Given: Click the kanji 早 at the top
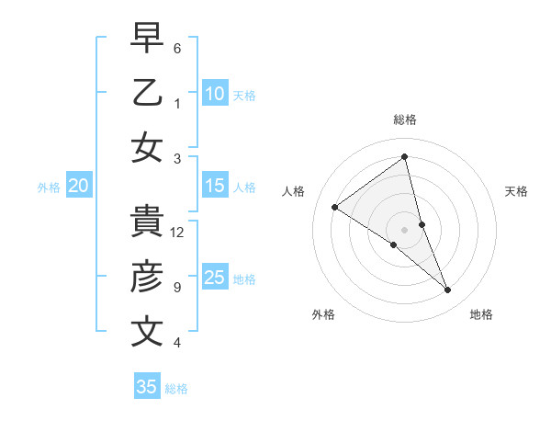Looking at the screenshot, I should (x=147, y=38).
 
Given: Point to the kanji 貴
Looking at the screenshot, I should (x=147, y=222).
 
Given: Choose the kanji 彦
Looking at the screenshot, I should (x=147, y=277).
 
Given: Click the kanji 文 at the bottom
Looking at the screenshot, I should (x=147, y=332).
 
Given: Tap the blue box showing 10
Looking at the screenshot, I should (x=214, y=93).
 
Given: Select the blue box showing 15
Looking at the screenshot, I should (x=214, y=186).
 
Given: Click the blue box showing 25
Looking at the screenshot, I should (x=214, y=278).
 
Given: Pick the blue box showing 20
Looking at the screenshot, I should (x=78, y=186).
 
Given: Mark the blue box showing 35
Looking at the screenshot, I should (x=147, y=387).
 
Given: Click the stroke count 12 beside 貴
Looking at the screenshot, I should (x=178, y=233).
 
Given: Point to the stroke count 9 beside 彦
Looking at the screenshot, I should (x=177, y=288).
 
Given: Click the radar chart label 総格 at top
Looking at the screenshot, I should (x=405, y=119).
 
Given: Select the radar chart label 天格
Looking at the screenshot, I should (x=517, y=191).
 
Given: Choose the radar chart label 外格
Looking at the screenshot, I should (x=323, y=314).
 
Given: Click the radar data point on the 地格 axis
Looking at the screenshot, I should (x=448, y=290).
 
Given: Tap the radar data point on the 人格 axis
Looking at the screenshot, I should (x=334, y=207).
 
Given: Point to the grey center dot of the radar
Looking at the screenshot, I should (x=405, y=230).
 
